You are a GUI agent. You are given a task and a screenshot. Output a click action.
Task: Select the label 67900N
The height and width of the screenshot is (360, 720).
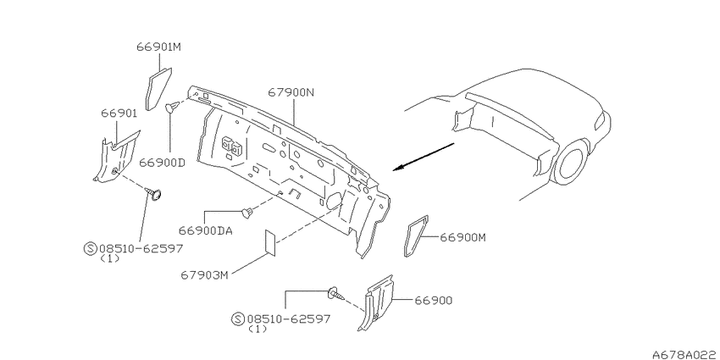[291, 92]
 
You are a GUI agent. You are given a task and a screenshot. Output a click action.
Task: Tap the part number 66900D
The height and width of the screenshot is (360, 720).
[162, 162]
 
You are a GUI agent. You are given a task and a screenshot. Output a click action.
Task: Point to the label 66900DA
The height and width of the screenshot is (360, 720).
[206, 230]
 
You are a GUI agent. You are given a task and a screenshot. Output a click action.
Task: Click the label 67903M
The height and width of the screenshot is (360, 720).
[204, 275]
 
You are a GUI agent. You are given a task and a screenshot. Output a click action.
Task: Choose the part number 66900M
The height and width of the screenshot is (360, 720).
[462, 237]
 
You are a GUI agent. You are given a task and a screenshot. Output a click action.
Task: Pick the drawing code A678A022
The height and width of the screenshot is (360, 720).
[686, 354]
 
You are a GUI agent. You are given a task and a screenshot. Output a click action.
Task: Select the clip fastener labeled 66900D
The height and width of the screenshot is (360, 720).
[171, 108]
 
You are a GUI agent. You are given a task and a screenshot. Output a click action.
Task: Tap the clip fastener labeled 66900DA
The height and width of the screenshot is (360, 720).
[247, 213]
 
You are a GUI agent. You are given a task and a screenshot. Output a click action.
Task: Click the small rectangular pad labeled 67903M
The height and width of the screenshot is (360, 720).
[270, 242]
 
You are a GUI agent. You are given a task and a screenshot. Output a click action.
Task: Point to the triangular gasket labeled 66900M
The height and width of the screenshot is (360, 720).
[416, 236]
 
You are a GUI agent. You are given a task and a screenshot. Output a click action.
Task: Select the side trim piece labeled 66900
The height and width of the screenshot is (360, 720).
[379, 301]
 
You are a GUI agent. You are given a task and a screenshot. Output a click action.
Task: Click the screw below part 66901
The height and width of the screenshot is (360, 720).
[155, 194]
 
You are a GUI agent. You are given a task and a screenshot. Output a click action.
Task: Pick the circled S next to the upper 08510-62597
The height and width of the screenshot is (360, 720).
[91, 248]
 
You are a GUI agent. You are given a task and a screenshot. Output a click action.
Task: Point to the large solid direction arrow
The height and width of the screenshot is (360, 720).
[424, 157]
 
